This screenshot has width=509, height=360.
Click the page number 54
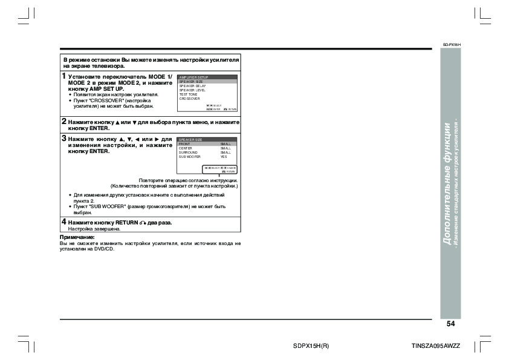(450, 324)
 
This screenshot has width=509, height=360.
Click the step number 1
(63, 77)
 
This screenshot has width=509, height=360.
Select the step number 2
(63, 122)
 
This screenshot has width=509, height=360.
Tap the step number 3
(63, 139)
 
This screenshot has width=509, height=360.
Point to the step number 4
(63, 222)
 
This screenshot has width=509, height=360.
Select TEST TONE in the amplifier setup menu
(188, 94)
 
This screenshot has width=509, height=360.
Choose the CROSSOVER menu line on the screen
(189, 98)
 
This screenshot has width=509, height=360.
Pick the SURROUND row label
(187, 152)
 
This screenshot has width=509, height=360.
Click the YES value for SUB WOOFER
(224, 157)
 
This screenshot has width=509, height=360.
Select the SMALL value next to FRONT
(225, 144)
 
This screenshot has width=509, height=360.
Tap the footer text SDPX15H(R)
(311, 345)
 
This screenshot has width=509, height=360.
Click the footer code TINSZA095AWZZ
(435, 345)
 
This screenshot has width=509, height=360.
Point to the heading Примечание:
(77, 237)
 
